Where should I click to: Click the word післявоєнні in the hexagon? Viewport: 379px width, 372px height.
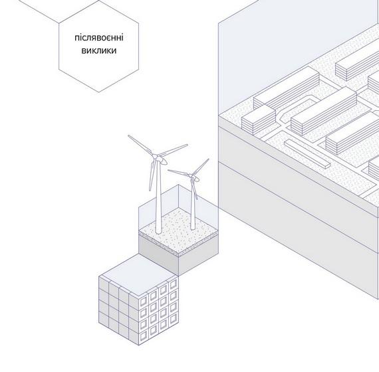tap(99, 38)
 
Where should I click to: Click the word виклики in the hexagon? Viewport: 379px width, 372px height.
tap(99, 50)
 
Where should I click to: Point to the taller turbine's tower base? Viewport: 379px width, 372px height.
tap(158, 231)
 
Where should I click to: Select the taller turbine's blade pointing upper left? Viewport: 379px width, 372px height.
tap(142, 145)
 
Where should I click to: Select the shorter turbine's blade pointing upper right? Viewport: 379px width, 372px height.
tap(201, 167)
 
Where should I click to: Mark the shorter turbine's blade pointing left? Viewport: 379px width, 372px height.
tap(179, 173)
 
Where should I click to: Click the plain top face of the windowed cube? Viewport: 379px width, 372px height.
tap(138, 275)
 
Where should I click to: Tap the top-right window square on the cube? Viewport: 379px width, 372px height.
tap(174, 285)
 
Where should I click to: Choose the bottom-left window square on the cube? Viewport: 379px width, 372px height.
tap(144, 335)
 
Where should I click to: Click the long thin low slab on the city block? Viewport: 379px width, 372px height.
tap(307, 154)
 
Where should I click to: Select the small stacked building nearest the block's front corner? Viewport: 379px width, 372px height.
tap(259, 120)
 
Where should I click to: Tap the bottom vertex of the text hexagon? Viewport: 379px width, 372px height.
tap(98, 92)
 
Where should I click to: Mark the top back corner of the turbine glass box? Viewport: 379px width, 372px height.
tap(178, 185)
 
